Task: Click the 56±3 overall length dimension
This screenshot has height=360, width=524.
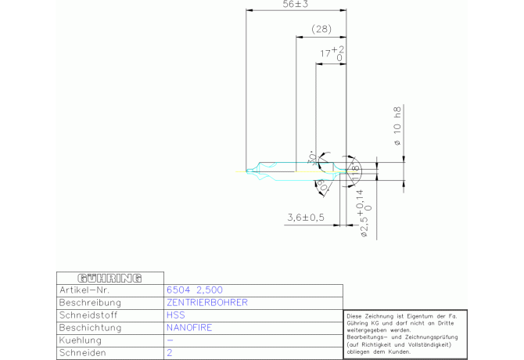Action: [296, 5]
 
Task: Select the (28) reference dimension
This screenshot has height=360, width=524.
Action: [321, 29]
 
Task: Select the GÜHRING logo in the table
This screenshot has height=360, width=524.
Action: [110, 278]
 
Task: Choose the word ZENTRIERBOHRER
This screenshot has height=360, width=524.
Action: [207, 302]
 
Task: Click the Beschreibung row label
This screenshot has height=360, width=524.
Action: [90, 302]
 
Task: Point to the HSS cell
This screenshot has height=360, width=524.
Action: [176, 315]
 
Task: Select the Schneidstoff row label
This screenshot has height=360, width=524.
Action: [89, 315]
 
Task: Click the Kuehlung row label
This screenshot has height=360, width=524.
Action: [81, 340]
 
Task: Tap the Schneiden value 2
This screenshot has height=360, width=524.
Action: [170, 353]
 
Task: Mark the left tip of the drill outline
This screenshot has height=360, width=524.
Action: [245, 171]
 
